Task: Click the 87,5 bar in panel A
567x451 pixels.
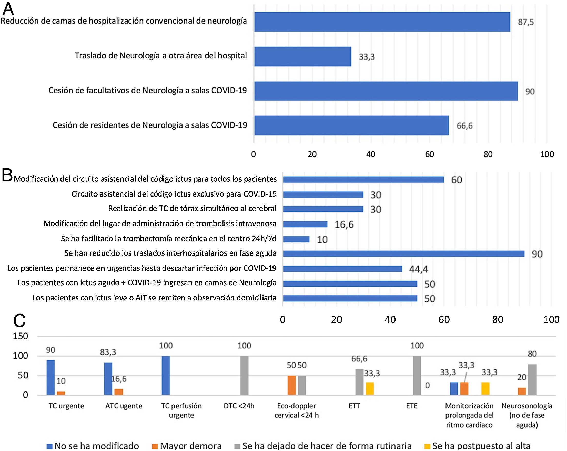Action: point(382,22)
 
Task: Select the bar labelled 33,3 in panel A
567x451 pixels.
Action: point(302,57)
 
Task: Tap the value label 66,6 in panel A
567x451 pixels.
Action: point(464,126)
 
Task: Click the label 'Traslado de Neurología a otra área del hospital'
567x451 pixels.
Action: point(161,56)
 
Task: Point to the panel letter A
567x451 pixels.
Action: point(8,9)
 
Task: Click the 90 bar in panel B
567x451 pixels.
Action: point(403,254)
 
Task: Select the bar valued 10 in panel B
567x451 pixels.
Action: point(296,239)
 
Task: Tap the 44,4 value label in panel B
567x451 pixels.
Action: point(418,269)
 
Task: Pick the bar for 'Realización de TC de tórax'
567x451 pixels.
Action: point(323,209)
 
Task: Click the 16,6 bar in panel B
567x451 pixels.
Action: point(305,224)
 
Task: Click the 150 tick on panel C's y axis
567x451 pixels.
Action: point(21,336)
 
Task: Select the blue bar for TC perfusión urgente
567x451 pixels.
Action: point(166,375)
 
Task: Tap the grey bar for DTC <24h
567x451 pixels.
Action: point(244,375)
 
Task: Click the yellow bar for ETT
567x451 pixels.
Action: point(369,389)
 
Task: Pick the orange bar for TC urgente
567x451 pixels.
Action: point(61,393)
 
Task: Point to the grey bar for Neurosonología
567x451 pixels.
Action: point(532,379)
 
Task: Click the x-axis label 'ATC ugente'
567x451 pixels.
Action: point(124,406)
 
